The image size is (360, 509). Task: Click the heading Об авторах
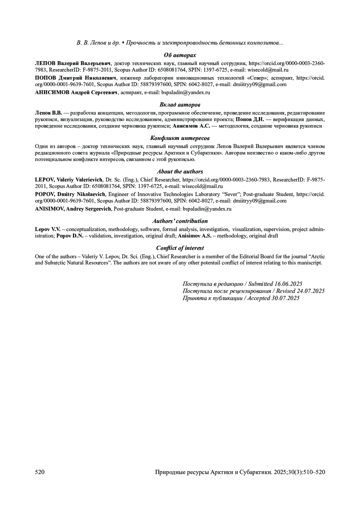tap(180, 55)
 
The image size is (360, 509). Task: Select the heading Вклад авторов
tap(180, 105)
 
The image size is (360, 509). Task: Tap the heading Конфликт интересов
tap(180, 138)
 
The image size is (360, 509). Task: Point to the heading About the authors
tap(180, 171)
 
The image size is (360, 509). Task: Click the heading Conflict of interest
tap(180, 248)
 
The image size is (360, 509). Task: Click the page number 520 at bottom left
tap(40, 472)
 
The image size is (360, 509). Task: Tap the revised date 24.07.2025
tap(310, 291)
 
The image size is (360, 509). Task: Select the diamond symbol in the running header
tap(123, 43)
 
